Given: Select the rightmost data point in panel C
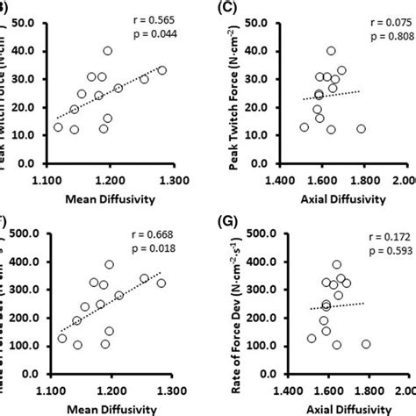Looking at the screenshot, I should (x=361, y=129).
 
